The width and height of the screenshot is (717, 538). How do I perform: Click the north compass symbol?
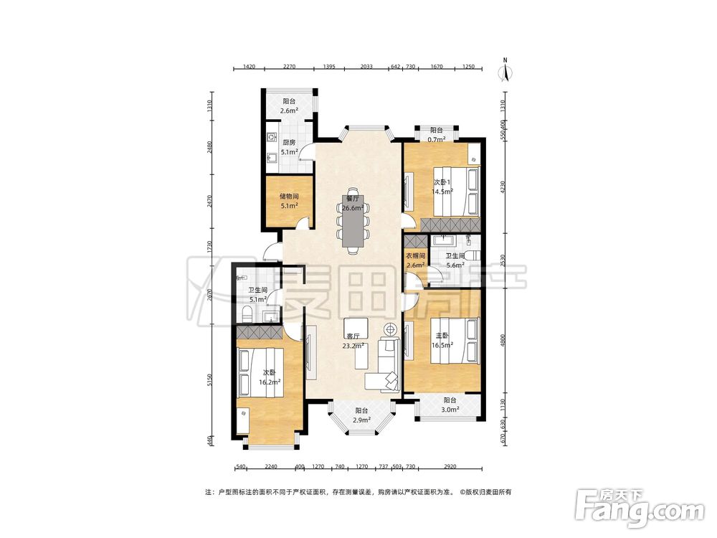coord(505,70)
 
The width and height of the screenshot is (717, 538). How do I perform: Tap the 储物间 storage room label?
coord(289,197)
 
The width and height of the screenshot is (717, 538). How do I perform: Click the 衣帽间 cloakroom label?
coord(416,256)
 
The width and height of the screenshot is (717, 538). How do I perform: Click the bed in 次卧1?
coord(456,192)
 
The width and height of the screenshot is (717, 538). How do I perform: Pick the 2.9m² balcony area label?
coord(361,420)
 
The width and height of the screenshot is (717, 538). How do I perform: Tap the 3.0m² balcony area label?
coord(450,410)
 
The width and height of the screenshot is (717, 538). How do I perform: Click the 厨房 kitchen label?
coord(289,142)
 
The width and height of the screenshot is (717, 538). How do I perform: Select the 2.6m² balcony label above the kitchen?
coord(289,110)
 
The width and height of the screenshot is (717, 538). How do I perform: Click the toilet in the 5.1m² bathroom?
coord(247,313)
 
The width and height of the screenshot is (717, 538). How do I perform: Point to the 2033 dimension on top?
coord(366,66)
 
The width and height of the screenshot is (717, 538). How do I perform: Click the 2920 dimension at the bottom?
coord(450,467)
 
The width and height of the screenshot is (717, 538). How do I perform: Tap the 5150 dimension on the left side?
coord(210,380)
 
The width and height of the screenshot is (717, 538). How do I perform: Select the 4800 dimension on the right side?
coord(503,340)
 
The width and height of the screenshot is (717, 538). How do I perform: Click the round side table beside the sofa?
coord(391,329)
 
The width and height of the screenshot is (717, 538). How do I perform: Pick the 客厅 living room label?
coord(353,336)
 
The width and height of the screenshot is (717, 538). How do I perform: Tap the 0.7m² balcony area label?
coord(437,140)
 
